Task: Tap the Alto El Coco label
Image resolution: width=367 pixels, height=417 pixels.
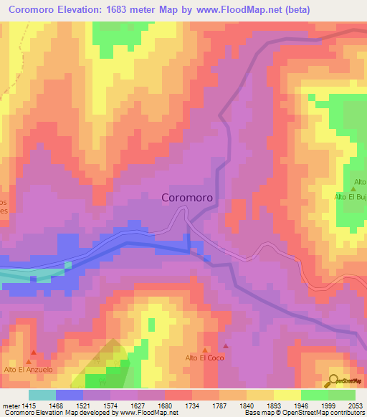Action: click(205, 358)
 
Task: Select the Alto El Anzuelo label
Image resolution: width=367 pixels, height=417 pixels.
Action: click(29, 369)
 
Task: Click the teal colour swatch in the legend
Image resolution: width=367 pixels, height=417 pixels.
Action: click(42, 395)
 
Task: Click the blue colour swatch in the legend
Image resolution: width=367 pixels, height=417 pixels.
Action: click(70, 395)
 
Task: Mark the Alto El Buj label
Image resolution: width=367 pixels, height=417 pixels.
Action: click(351, 196)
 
